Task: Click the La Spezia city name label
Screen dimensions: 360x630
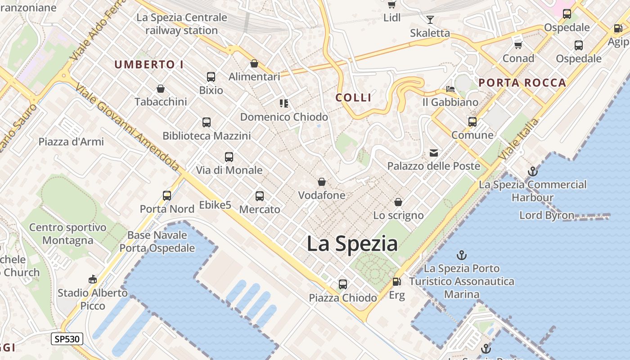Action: coord(352,244)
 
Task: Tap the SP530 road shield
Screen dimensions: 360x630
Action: coord(67,339)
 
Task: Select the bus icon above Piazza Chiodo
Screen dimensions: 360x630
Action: coord(343,284)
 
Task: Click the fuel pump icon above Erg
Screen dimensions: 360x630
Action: coord(396,282)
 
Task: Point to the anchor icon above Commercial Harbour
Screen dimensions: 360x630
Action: coord(533,171)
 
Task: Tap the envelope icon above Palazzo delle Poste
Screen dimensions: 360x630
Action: coord(434,153)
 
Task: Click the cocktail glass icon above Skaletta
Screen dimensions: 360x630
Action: coord(430,19)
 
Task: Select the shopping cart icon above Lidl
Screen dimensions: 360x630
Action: coord(392,5)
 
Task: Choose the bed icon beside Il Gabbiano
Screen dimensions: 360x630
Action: coord(450,89)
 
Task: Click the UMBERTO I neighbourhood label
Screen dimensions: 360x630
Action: coord(149,64)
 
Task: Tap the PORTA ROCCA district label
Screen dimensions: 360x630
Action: coord(522,83)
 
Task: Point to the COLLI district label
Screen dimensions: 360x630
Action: coord(354,98)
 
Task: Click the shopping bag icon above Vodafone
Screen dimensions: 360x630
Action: coord(322,182)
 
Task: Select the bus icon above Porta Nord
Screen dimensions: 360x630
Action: coord(167,196)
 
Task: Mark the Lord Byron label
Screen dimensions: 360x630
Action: coord(547,215)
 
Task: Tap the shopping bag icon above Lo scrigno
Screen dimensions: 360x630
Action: coord(398,202)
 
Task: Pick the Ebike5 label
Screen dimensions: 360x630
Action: coord(215,205)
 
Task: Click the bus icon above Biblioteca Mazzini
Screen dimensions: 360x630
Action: coord(207,122)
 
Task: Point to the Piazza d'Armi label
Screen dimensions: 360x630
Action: coord(71,142)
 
